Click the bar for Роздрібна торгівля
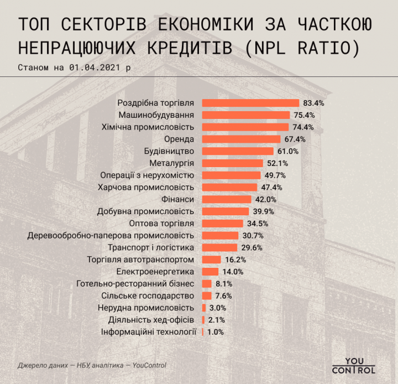(250, 103)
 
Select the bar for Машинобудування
(245, 115)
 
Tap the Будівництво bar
(238, 151)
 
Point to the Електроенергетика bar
(210, 272)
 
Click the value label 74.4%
(302, 127)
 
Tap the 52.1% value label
(276, 163)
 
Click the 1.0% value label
(216, 332)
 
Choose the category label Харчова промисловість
(146, 188)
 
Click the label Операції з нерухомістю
(147, 175)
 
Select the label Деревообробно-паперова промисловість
(111, 236)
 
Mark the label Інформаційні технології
(149, 332)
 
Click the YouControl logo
(354, 364)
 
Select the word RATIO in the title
(320, 48)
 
